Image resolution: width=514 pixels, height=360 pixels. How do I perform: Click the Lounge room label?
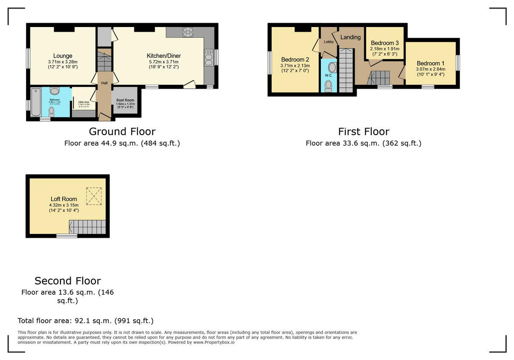coord(63,56)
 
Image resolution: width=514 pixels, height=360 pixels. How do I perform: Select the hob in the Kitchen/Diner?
coord(188,32)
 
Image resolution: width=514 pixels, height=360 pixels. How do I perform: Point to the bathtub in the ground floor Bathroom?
coord(36,102)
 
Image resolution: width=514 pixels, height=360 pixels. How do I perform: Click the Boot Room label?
coord(126,100)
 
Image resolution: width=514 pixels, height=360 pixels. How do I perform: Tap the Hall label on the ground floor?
coord(104,83)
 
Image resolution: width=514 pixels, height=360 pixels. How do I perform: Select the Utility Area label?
coord(84,102)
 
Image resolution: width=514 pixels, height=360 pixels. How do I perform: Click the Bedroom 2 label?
coord(295,60)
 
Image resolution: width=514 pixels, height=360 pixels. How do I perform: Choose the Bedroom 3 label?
coord(385,43)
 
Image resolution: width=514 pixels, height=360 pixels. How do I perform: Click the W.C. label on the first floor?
coord(329,75)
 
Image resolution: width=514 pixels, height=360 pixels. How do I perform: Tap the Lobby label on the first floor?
coord(329,42)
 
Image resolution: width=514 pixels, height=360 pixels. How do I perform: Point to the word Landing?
coord(350,37)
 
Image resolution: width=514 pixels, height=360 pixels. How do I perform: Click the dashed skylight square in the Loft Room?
coord(94,196)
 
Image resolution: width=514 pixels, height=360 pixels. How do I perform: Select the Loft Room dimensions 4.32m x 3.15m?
coord(64,205)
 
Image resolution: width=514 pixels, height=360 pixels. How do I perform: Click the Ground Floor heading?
coord(122,131)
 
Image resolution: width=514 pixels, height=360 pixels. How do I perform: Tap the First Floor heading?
coord(363,131)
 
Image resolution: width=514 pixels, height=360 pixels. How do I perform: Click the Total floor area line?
coord(85,321)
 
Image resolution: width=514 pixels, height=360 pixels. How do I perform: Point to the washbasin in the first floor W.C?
coord(332,67)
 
